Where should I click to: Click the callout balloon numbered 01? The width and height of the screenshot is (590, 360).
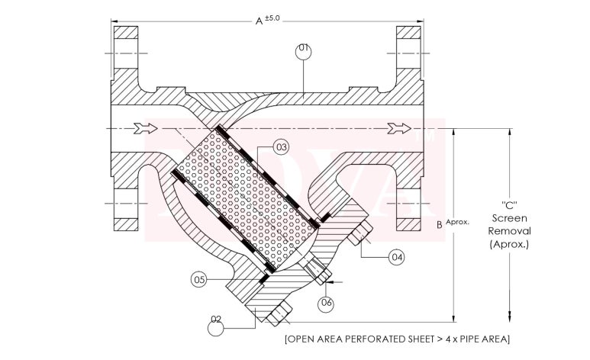tap(304, 49)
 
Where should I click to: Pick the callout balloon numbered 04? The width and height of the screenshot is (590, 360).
tap(396, 257)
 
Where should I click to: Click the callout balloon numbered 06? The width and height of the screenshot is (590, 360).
tap(327, 303)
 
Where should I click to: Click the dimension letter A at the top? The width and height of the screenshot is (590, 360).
tap(259, 21)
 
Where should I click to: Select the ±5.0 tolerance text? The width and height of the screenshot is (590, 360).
tap(273, 18)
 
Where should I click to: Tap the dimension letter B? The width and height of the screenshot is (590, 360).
tap(439, 224)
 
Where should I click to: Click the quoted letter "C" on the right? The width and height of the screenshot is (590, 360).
tap(510, 205)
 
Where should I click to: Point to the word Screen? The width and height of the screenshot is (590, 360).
tap(510, 218)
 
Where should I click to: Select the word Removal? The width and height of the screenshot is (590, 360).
tap(510, 230)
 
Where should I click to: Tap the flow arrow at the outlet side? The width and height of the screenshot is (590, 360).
tap(401, 127)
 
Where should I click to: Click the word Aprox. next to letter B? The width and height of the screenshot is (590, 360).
tap(457, 222)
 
